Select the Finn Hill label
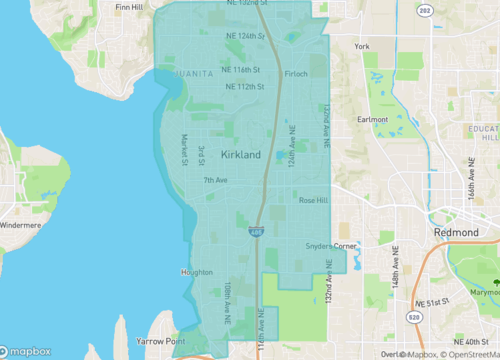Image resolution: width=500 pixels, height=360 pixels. (129, 7)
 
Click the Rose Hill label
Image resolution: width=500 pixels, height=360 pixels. (314, 201)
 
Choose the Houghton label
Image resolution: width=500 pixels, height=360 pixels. (196, 272)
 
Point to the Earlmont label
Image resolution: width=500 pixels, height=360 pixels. (372, 119)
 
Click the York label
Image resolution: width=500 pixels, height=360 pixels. (362, 46)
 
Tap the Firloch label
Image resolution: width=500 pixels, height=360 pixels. (296, 74)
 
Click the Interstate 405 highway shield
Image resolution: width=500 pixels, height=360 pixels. (256, 232)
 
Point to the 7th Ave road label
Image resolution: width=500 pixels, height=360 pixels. (215, 180)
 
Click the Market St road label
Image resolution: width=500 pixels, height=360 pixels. (185, 150)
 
